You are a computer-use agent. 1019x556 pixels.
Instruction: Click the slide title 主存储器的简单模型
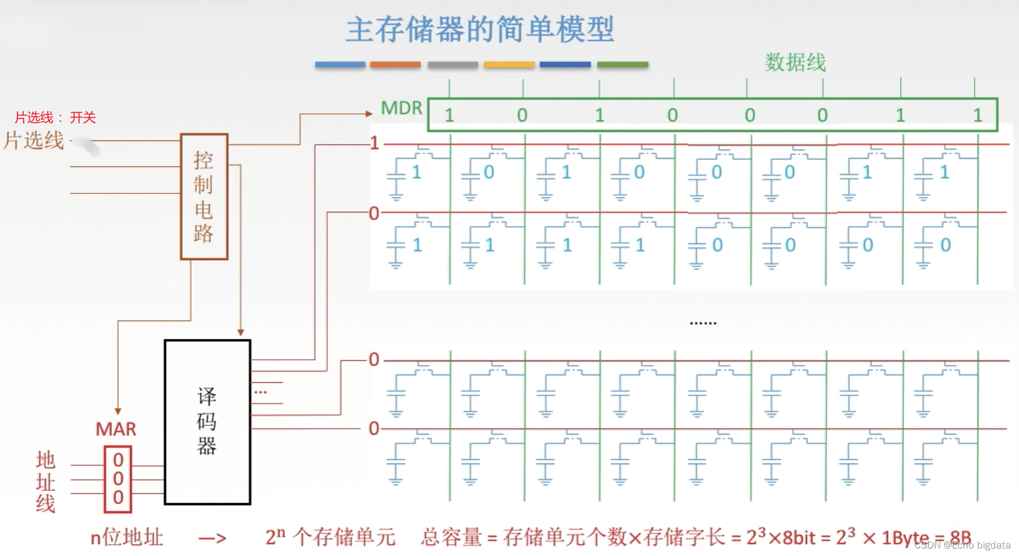click(x=480, y=30)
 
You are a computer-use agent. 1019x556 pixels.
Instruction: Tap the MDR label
click(x=401, y=108)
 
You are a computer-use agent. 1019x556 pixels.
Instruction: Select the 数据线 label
click(x=795, y=62)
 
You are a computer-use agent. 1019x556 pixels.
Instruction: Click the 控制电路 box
click(x=204, y=196)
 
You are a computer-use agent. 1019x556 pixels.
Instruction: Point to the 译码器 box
click(x=207, y=422)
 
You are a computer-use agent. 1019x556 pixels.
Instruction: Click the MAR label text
click(x=116, y=429)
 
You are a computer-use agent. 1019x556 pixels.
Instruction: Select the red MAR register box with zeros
click(x=118, y=479)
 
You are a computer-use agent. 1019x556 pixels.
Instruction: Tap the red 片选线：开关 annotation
click(x=55, y=117)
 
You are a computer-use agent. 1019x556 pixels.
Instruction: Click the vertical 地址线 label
click(x=45, y=482)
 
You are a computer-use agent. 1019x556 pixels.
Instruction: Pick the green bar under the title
click(x=623, y=64)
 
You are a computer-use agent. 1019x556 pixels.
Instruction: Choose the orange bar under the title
click(x=395, y=64)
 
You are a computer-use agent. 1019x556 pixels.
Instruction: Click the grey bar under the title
click(x=453, y=64)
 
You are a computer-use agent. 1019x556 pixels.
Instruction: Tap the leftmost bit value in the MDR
click(x=449, y=115)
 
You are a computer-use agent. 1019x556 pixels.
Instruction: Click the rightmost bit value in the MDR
click(x=977, y=115)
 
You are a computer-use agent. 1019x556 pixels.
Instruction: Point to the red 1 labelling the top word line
click(x=374, y=143)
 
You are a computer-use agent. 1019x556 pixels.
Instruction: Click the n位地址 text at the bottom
click(x=127, y=538)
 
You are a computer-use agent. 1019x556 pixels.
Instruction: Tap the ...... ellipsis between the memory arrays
click(x=703, y=323)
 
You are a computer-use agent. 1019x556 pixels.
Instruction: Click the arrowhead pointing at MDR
click(x=369, y=114)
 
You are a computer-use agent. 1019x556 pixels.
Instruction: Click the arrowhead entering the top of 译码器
click(x=241, y=333)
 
